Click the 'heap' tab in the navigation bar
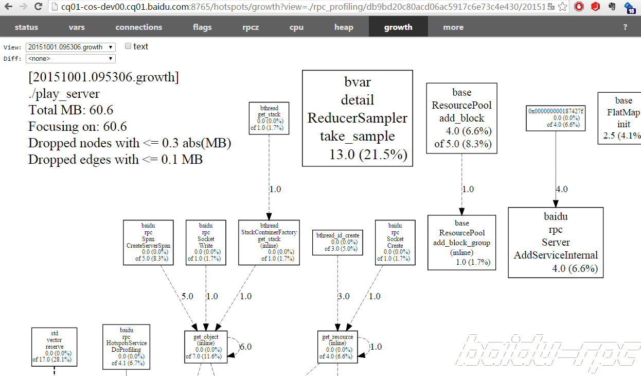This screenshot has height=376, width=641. click(x=344, y=27)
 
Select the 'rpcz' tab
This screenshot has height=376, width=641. click(x=251, y=27)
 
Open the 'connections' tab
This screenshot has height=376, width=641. click(x=138, y=27)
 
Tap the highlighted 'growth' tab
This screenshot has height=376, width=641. click(x=398, y=27)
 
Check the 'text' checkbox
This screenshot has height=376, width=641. click(x=128, y=46)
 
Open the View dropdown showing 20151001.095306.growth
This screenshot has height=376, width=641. click(x=70, y=47)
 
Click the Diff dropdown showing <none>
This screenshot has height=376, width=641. click(x=70, y=59)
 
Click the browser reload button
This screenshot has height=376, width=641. click(x=38, y=7)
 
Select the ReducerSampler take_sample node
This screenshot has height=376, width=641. click(x=358, y=118)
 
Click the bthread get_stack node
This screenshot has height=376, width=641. click(x=269, y=118)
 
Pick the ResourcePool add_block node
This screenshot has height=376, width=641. click(x=461, y=118)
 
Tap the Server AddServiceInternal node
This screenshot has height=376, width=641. click(x=556, y=242)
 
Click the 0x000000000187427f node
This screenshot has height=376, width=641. click(x=556, y=118)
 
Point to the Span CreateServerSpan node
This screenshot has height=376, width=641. click(x=148, y=243)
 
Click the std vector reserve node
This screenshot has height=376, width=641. click(x=54, y=347)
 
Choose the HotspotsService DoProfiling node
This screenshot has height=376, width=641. click(x=126, y=346)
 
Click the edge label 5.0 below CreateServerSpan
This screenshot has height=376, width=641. click(x=187, y=297)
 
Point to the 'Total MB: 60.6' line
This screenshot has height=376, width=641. click(x=71, y=110)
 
